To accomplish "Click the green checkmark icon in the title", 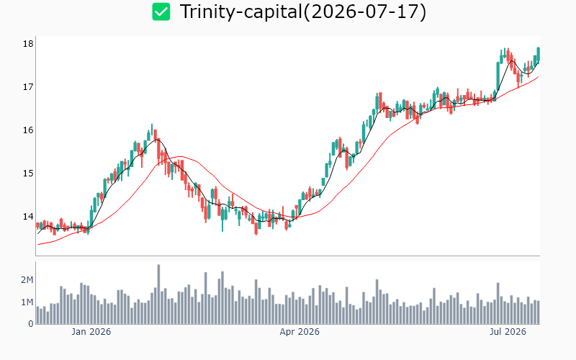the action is pos(161,12).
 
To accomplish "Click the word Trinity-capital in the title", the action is pos(241,12).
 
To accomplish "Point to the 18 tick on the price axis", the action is pos(28,44).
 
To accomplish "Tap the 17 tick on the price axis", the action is pos(28,87).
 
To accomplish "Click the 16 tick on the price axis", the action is pos(28,130).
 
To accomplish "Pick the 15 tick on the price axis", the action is pos(28,173).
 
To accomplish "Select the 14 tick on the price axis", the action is pos(28,217).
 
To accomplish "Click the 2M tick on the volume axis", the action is pos(27,280).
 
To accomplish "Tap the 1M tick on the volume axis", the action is pos(27,302).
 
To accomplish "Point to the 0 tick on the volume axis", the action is pos(31,324).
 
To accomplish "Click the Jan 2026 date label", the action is pos(91,332).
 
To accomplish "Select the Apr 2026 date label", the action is pos(300,332).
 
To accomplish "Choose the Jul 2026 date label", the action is pos(508,332).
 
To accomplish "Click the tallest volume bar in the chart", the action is pos(158,294).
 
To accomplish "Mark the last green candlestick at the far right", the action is pos(538,54).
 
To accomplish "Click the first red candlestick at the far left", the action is pos(37,225).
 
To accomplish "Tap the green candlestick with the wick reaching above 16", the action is pos(152,130).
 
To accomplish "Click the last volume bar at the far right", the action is pos(538,312).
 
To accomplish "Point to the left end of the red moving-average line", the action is pos(38,244).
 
